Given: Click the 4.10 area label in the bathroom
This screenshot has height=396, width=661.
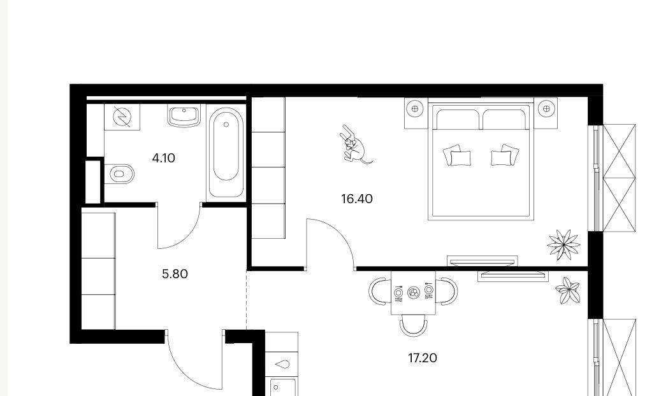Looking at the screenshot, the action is pos(164,159).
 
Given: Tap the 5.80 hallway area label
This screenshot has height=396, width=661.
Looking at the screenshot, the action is pos(175,274).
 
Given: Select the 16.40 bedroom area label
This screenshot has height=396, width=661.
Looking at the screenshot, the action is pos(357,199).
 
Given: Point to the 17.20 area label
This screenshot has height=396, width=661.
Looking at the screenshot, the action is pos(423,358).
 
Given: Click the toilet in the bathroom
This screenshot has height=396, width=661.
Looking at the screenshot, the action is pos(119,174).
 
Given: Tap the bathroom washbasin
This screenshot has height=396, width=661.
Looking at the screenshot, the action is pos(184,116).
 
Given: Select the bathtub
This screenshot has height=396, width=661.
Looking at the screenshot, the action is pos(226,153).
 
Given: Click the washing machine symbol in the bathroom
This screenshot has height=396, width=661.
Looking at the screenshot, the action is pos(122,117).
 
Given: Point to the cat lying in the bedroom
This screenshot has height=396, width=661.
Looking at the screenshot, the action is pos(356,145).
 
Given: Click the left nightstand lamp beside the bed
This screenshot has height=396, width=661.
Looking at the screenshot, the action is pos(415,109).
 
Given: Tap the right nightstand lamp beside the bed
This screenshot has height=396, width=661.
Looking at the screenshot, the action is pos(547,109).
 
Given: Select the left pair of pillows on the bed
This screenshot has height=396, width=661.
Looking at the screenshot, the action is pos(458,155).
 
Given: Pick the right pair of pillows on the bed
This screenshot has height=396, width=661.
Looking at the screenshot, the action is pos(505,155).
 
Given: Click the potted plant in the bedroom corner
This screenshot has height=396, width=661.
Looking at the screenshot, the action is pos(563,244).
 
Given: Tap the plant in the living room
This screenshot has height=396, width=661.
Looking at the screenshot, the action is pos(568,290).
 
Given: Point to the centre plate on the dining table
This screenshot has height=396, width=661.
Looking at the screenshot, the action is pos(414,292).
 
